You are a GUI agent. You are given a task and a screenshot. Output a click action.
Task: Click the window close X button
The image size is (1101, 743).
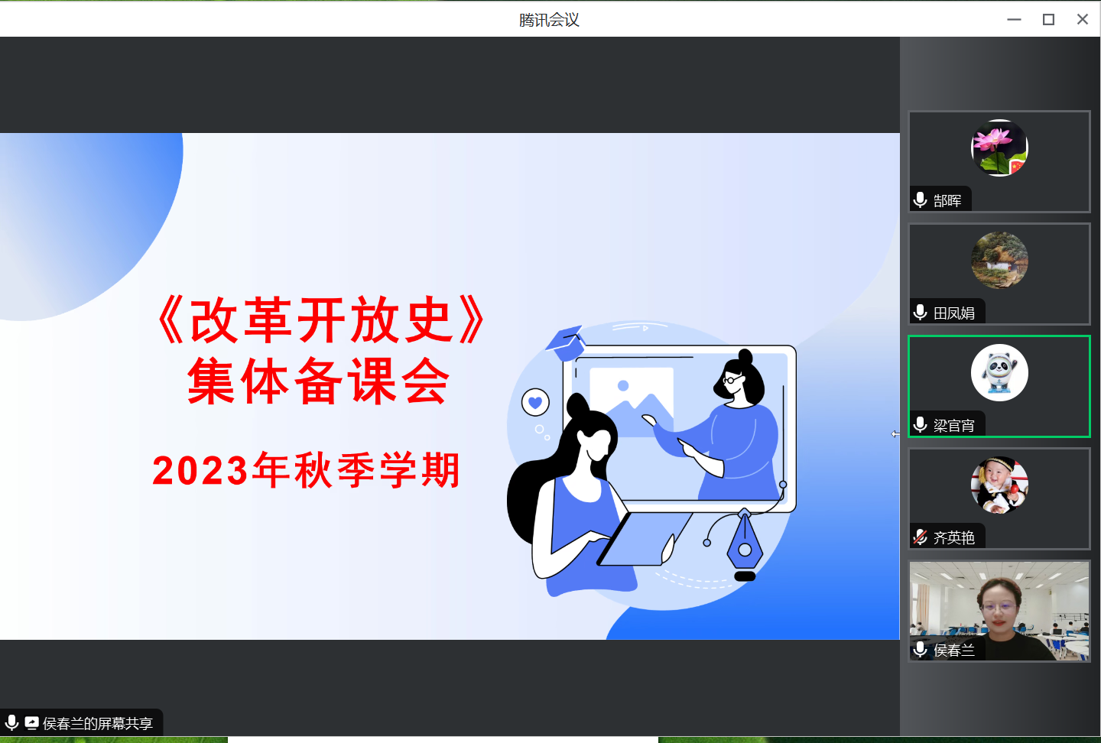pos(1083,19)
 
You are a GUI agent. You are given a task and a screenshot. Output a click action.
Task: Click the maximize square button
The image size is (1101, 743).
pos(1048,19)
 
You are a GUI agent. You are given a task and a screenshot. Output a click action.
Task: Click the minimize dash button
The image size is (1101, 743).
pos(1014,20)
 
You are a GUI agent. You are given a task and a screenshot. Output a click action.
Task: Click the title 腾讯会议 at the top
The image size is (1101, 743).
pos(549,20)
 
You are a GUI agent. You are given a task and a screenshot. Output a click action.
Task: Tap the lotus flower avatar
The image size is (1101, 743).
pos(999,148)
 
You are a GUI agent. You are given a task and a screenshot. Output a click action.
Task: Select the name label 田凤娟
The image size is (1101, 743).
pos(953,313)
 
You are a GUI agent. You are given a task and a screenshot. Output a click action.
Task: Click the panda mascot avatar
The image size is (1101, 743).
pos(999,372)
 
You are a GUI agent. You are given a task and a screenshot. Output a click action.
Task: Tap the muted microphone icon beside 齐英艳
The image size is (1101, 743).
pos(920,537)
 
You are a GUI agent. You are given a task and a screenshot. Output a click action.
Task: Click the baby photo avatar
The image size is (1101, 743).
pos(999,485)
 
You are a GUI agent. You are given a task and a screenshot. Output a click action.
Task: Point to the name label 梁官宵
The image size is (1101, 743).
pos(953,426)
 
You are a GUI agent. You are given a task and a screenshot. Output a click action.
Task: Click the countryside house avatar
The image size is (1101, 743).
pos(999,260)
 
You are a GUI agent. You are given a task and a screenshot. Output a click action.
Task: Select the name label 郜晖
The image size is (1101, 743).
pos(947,200)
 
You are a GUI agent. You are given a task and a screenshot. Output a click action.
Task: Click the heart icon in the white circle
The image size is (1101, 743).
pos(535,402)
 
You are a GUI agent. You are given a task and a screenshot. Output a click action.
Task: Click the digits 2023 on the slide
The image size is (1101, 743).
pos(200,471)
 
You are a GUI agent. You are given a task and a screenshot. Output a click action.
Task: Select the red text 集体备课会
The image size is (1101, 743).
pos(318,381)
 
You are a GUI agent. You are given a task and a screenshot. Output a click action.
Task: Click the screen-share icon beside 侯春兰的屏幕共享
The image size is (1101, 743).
pos(31,722)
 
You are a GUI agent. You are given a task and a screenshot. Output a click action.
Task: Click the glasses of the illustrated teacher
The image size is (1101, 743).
pos(732,379)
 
